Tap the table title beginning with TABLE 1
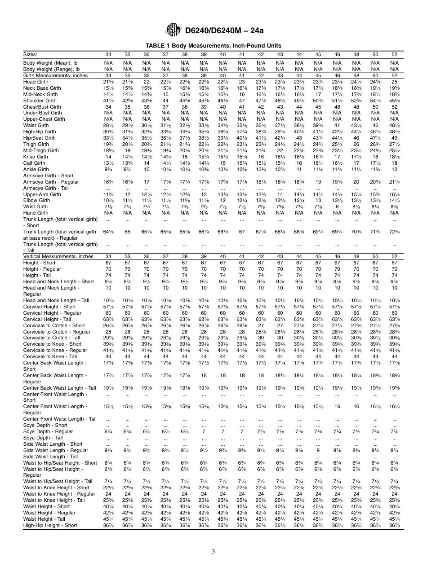[x=213, y=46]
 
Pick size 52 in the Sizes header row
[x=394, y=54]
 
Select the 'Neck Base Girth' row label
[x=42, y=88]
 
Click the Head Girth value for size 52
[x=394, y=82]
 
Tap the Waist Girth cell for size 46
[x=337, y=126]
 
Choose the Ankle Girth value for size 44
[x=299, y=170]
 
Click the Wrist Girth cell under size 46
[x=337, y=207]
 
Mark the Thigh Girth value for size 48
[x=356, y=145]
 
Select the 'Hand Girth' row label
[x=36, y=213]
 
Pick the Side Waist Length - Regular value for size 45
[x=318, y=450]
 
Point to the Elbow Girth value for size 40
[x=222, y=201]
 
